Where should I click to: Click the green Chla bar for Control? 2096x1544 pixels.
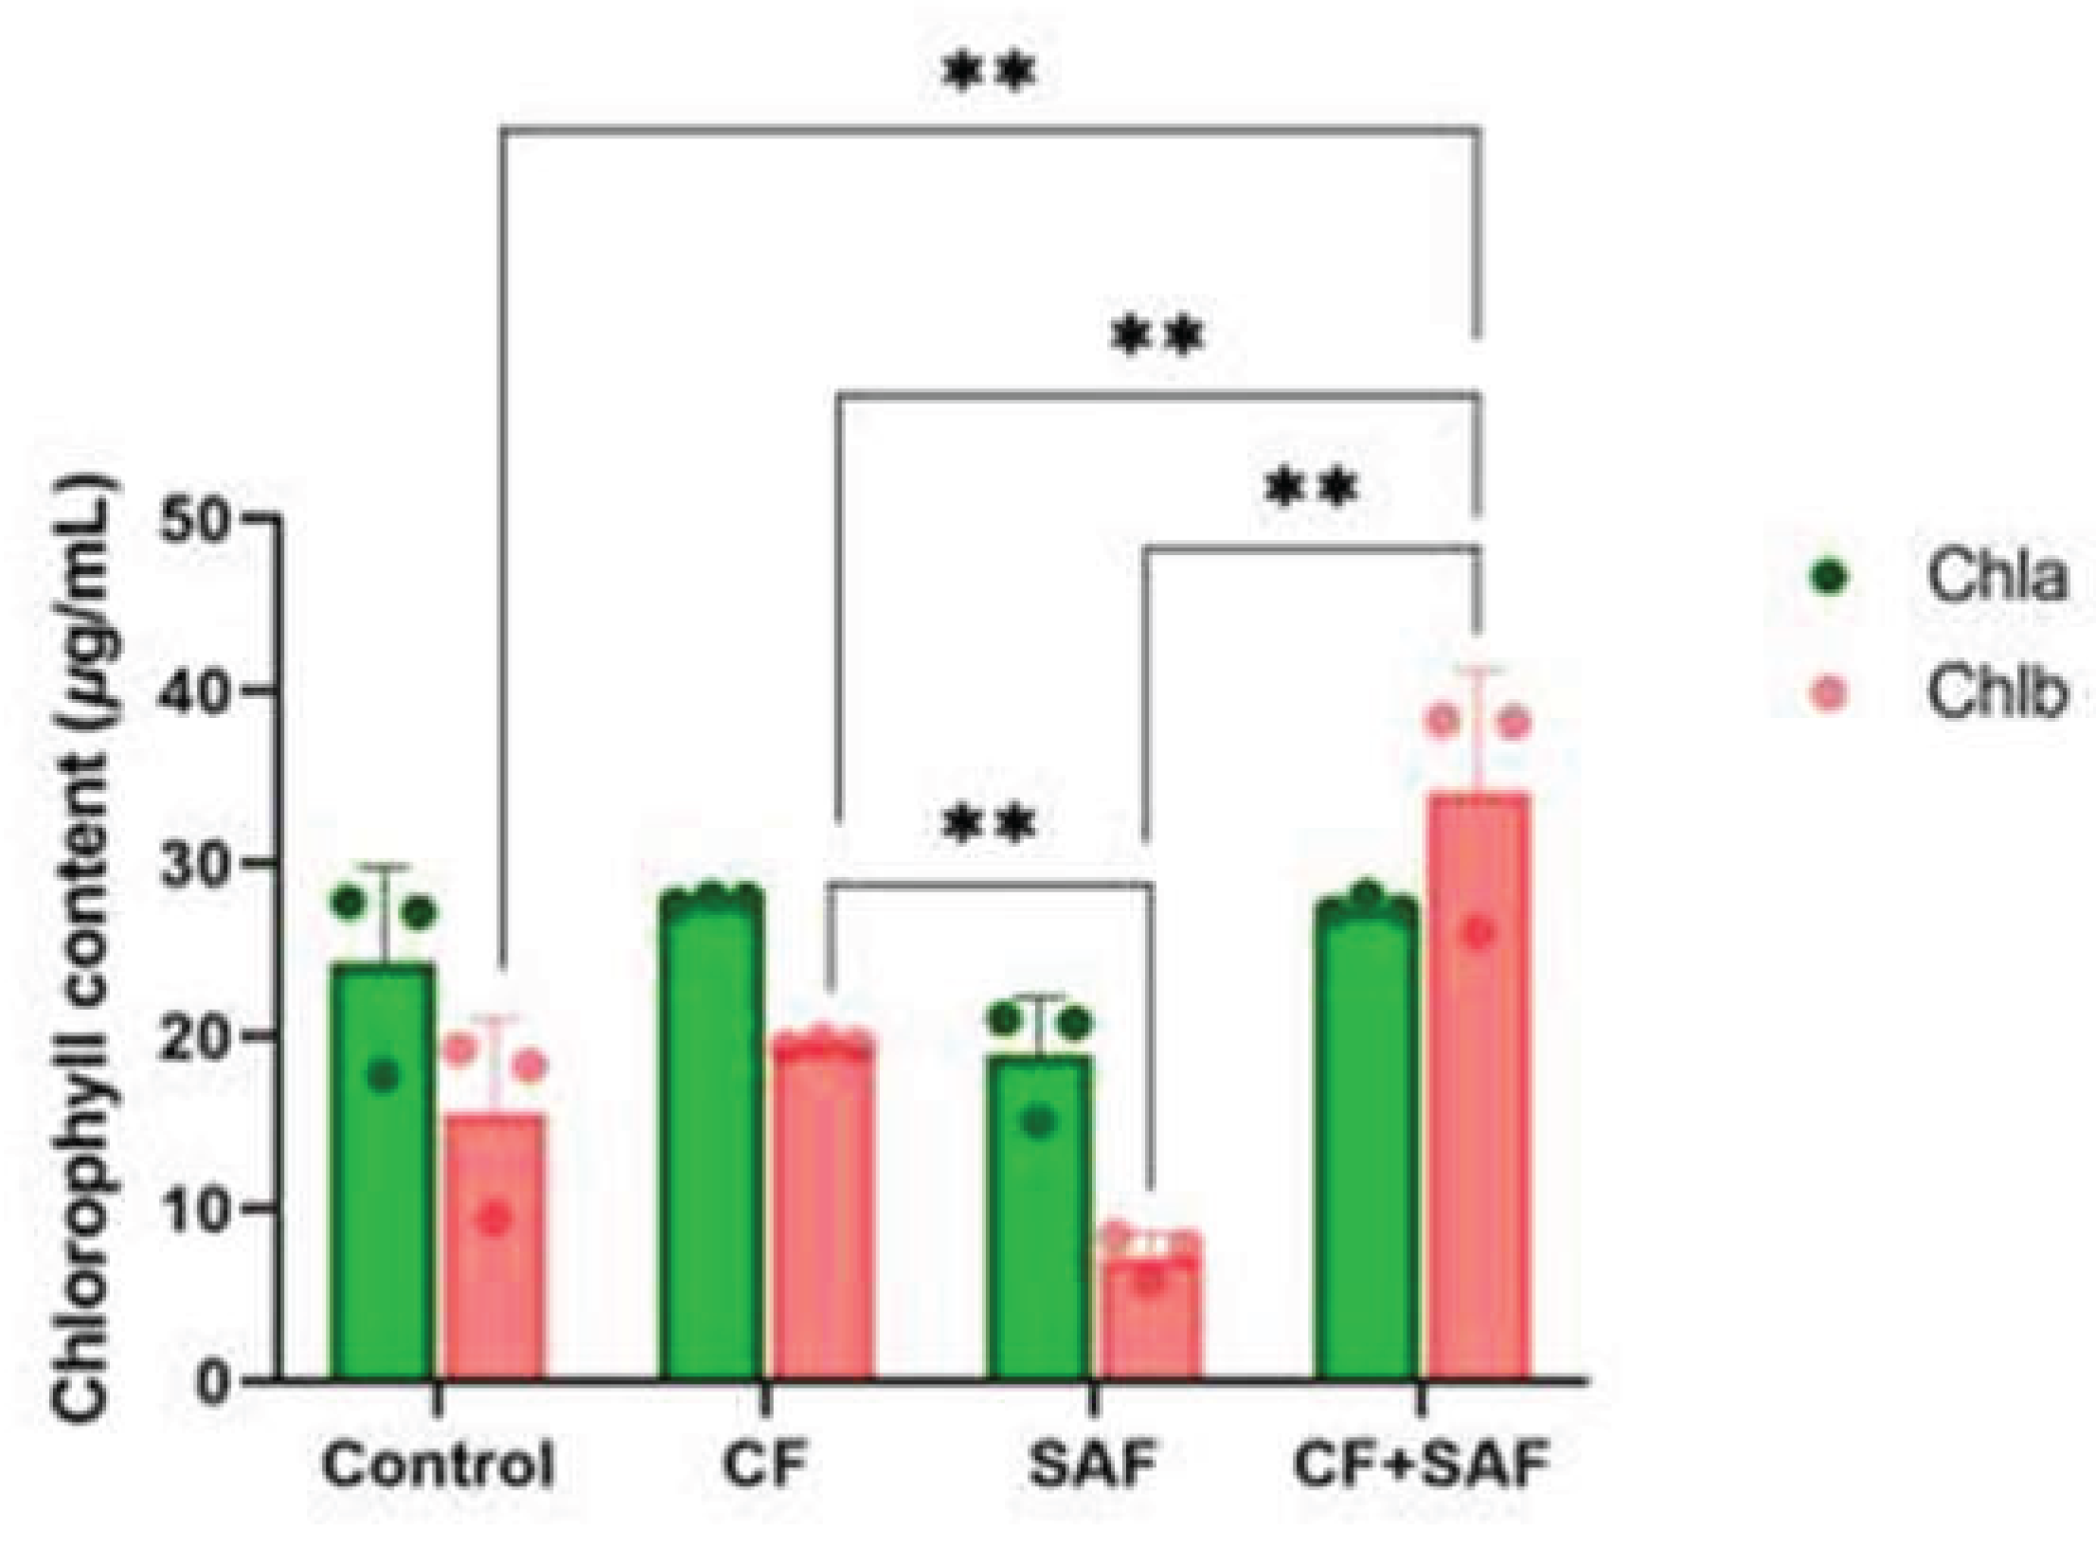coord(382,1172)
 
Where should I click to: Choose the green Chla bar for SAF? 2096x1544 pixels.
coord(1040,1218)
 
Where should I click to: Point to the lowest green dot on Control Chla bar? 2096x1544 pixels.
coord(383,1076)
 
